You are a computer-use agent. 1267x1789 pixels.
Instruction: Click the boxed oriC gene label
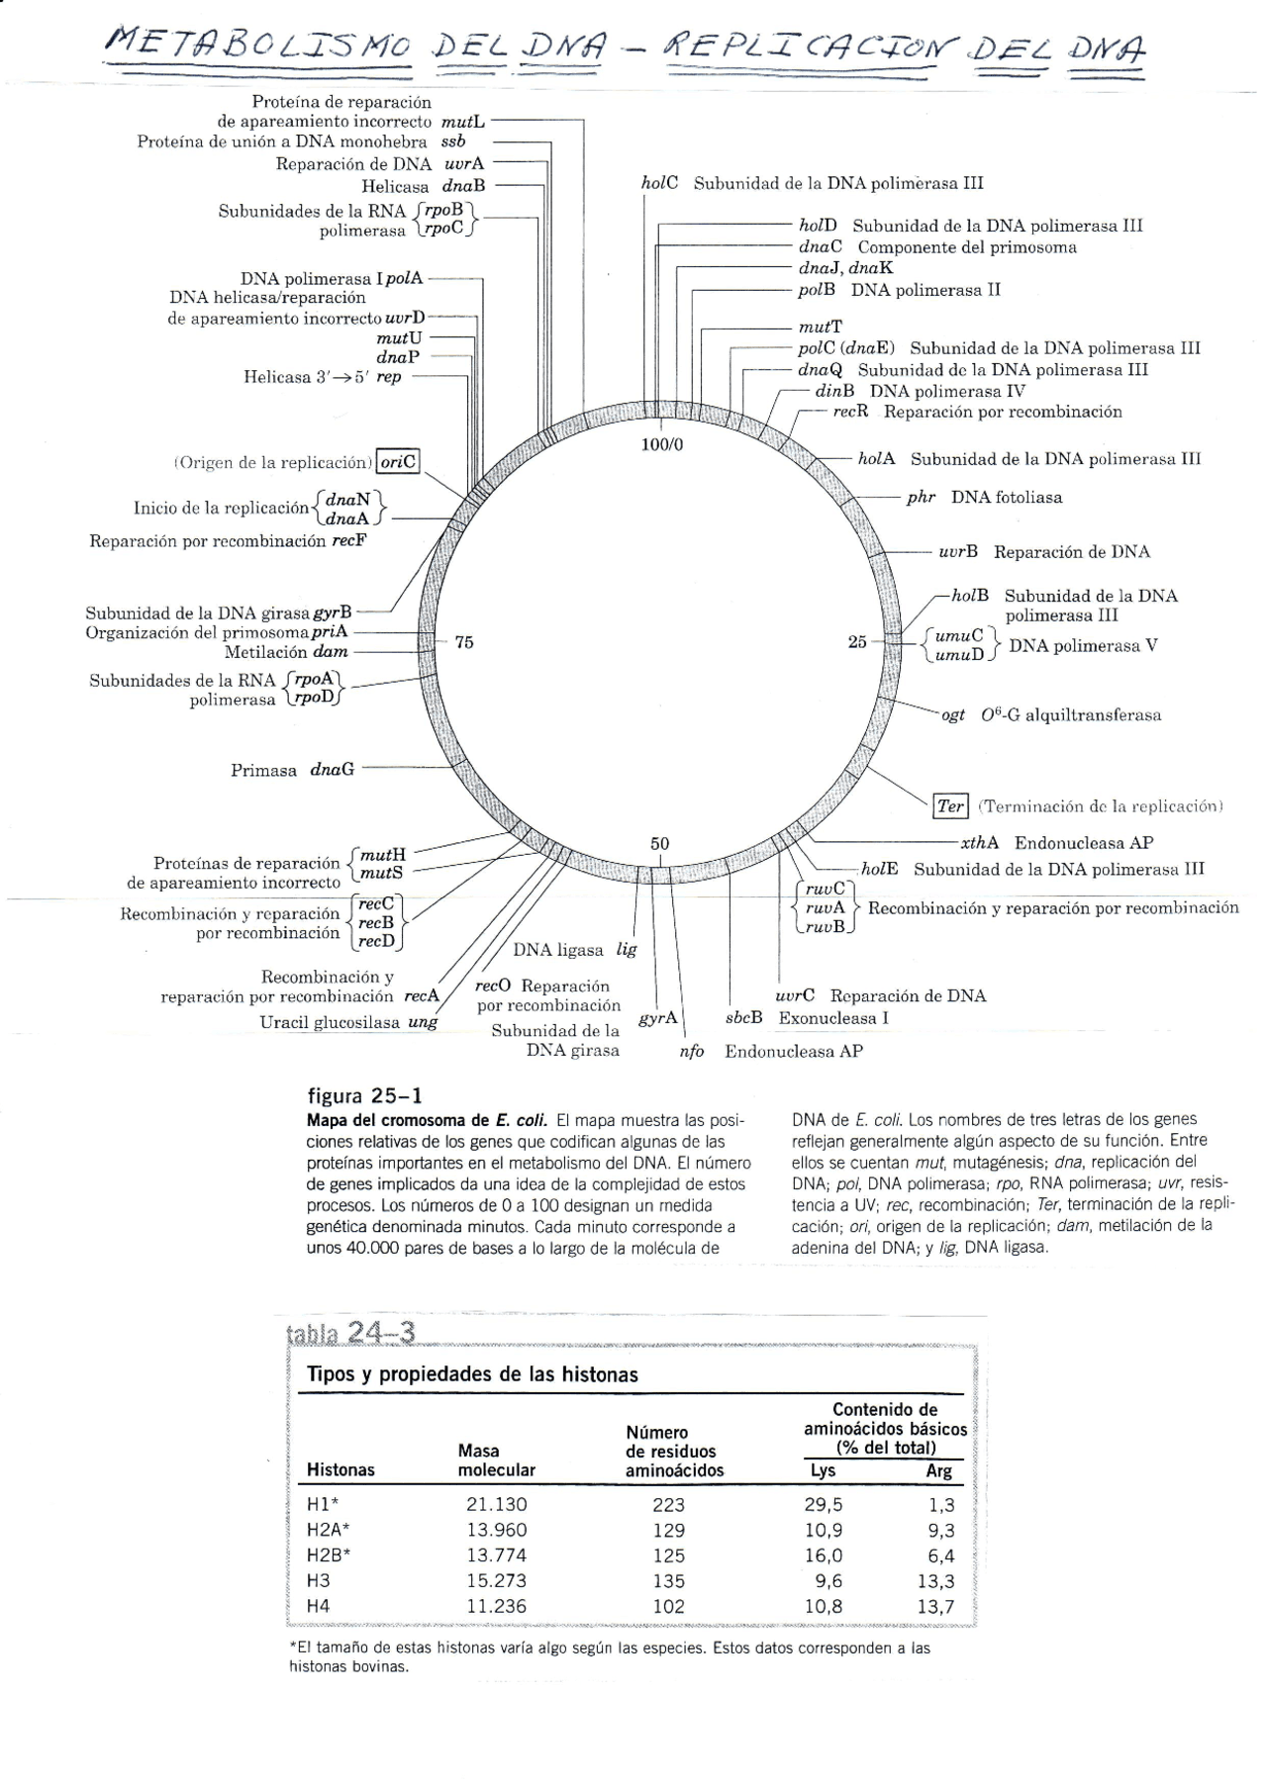[399, 462]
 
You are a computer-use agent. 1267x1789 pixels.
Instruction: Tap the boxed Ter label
[950, 805]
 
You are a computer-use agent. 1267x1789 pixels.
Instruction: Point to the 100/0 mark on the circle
[661, 445]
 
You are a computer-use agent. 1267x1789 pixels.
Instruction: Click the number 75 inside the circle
[463, 642]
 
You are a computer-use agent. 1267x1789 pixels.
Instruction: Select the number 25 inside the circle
[857, 642]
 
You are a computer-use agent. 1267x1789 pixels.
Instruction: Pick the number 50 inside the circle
[659, 843]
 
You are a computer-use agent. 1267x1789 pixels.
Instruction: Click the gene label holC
[659, 183]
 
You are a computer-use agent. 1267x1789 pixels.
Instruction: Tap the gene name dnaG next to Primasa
[333, 769]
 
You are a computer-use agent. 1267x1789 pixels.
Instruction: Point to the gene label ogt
[952, 714]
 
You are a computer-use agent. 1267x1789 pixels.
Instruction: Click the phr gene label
[921, 497]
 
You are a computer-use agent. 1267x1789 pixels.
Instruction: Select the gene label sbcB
[743, 1017]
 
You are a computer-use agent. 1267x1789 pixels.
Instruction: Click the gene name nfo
[691, 1051]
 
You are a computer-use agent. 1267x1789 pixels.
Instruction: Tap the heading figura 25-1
[365, 1095]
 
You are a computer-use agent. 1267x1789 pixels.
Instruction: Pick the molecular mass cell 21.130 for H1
[496, 1504]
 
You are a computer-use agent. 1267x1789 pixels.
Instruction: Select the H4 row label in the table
[318, 1606]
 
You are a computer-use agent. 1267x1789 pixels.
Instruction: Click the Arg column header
[938, 1470]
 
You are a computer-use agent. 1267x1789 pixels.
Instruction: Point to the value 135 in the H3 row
[668, 1580]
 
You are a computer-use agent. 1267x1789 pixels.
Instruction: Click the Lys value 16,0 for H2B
[823, 1554]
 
